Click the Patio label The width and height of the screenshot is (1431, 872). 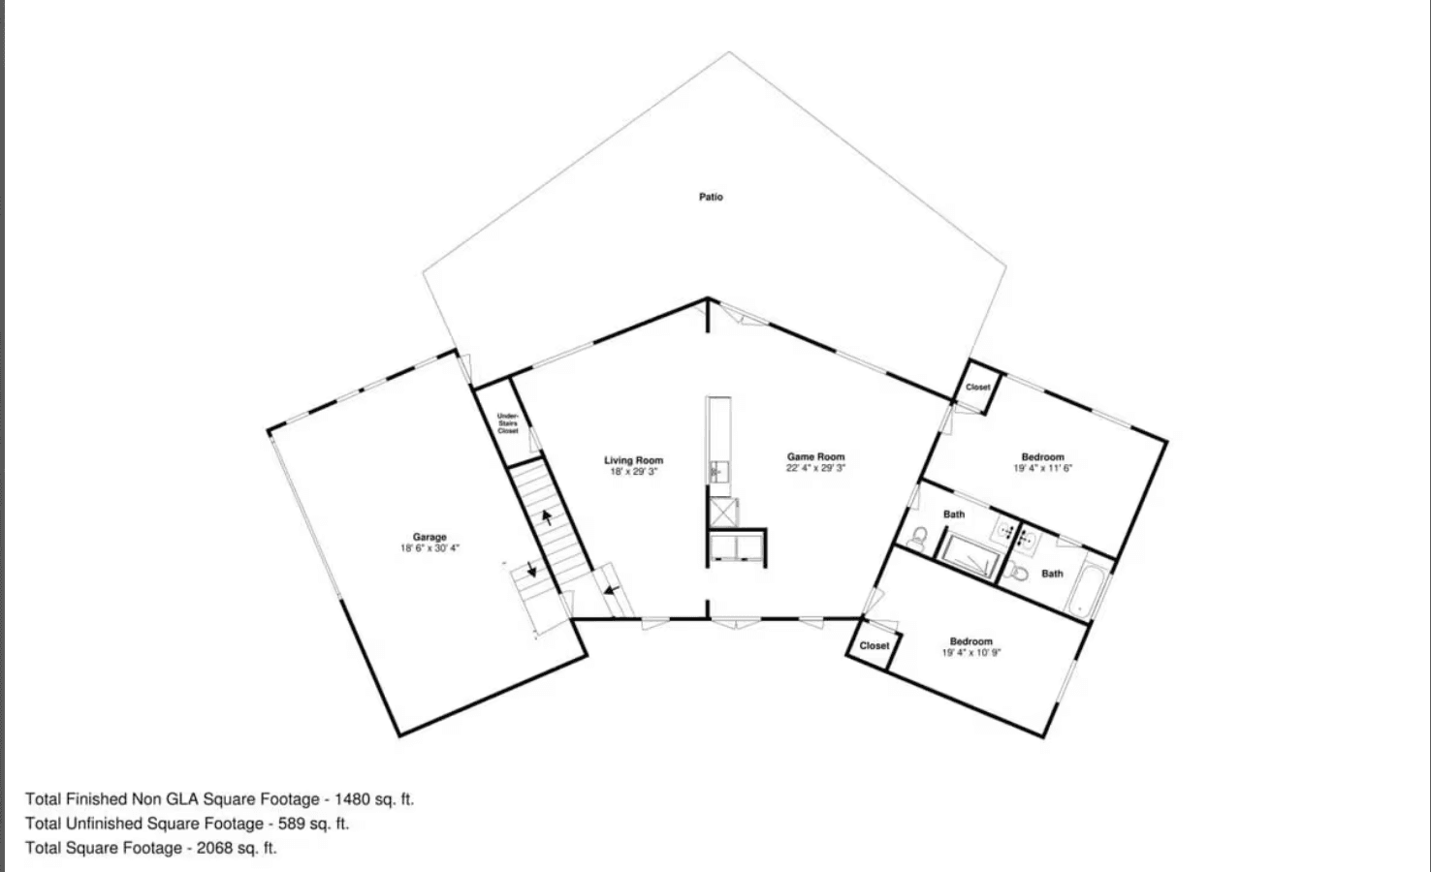[x=711, y=197]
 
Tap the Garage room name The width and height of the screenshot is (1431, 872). [x=429, y=537]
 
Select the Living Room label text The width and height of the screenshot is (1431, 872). [x=634, y=460]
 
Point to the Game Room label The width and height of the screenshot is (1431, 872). [x=815, y=456]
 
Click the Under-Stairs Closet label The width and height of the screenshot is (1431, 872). [x=508, y=423]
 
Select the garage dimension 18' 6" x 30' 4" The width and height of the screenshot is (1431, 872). [x=429, y=548]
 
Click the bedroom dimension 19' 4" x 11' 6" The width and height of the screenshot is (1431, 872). [x=1043, y=468]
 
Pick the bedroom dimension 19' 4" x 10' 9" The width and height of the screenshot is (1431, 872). [x=970, y=653]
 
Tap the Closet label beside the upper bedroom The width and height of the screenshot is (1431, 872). [x=978, y=387]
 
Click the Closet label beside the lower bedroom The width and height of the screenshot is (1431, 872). [x=874, y=645]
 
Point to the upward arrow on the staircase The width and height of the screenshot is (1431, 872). [x=547, y=516]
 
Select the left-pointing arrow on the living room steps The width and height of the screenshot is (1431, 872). [x=611, y=587]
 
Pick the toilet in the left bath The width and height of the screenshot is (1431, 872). [x=918, y=536]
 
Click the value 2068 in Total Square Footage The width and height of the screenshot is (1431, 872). [x=215, y=848]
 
